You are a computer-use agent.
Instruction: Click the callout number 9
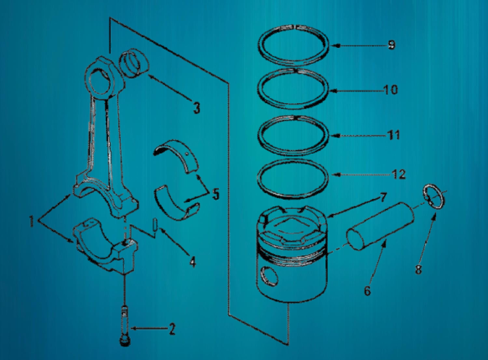tap(392, 45)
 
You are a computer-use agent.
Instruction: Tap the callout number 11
tap(394, 134)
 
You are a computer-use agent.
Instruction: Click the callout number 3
tap(195, 107)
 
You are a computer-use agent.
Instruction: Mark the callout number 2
tap(171, 328)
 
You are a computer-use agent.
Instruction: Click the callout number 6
tap(366, 291)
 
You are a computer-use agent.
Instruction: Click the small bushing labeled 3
tap(133, 64)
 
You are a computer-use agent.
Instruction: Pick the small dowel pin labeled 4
tap(157, 227)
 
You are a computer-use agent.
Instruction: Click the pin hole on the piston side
tap(267, 276)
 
